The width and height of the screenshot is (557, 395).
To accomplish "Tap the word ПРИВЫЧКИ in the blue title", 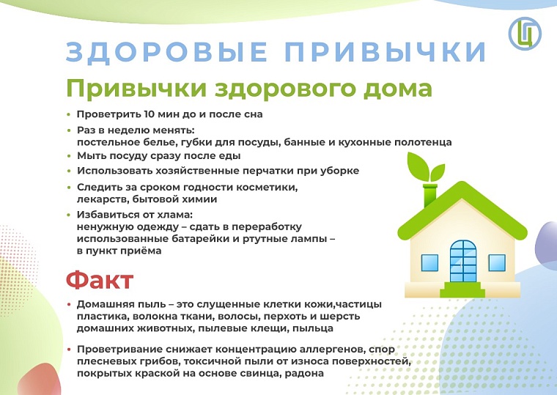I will click(384, 53).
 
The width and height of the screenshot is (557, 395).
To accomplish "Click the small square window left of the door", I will click(429, 262).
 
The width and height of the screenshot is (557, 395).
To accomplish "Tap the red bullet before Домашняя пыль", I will click(68, 304).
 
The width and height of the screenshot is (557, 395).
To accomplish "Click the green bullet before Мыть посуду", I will click(68, 156).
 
